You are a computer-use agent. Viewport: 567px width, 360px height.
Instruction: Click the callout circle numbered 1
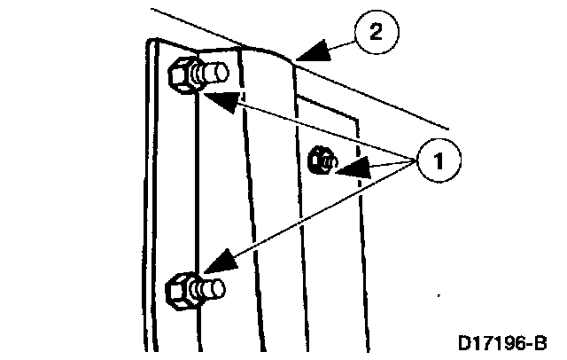pyautogui.click(x=435, y=161)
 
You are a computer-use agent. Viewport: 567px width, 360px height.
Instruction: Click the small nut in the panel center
pyautogui.click(x=321, y=161)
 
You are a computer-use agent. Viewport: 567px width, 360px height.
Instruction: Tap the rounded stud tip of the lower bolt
pyautogui.click(x=216, y=287)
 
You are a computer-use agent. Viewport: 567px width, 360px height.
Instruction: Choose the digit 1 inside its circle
pyautogui.click(x=435, y=161)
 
